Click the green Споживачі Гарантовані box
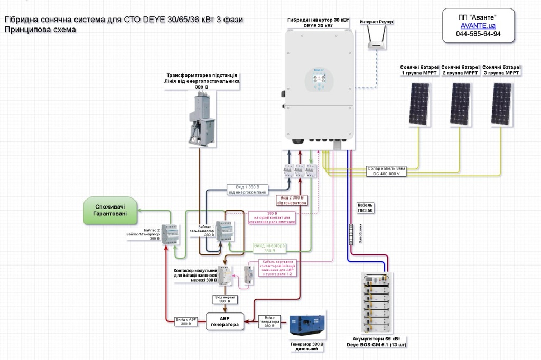109,211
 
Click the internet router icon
376,39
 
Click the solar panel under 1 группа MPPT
421,104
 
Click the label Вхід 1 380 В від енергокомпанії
247,190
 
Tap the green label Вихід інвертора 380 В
269,248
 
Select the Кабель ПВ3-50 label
365,207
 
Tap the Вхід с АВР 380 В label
186,321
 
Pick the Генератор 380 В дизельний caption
307,346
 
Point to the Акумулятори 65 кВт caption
376,341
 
